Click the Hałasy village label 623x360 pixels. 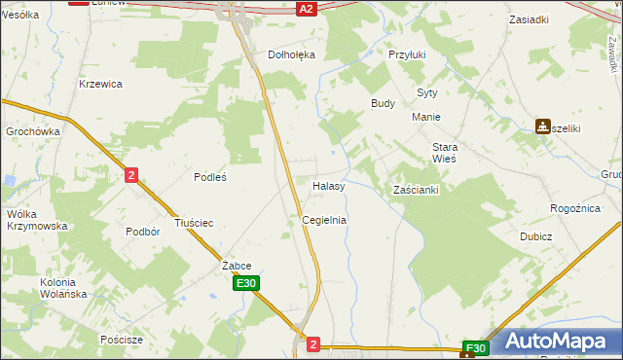tap(328, 186)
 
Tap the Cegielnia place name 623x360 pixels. tap(324, 221)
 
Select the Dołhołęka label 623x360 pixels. tap(292, 55)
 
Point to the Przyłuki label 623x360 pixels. tap(408, 55)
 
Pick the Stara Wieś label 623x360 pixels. tap(445, 152)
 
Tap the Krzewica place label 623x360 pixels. tap(100, 84)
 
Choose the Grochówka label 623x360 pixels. tap(33, 131)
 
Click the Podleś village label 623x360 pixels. tap(210, 177)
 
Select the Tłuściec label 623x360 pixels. tap(193, 223)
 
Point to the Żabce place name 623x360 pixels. tap(237, 266)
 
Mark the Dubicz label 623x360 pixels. tap(535, 236)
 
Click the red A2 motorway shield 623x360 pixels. tap(306, 8)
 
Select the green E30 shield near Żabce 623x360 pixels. tap(246, 284)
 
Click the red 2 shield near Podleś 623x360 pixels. tap(131, 175)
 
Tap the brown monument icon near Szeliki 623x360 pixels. tap(543, 126)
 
